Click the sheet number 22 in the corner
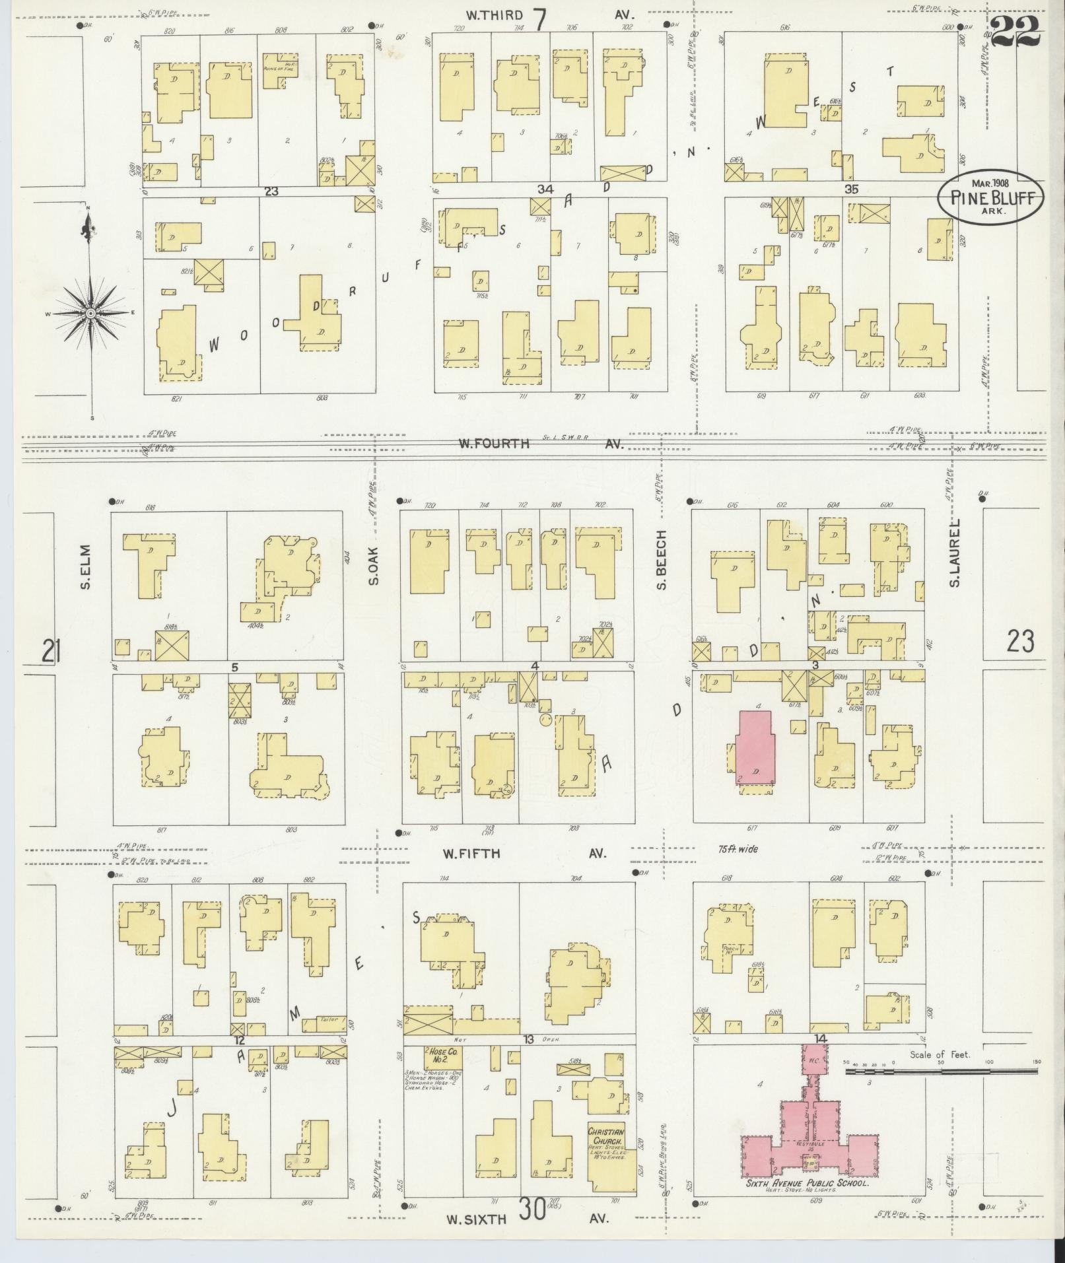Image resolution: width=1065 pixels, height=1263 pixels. tap(1015, 32)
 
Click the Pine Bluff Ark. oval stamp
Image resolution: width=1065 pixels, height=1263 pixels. tap(992, 197)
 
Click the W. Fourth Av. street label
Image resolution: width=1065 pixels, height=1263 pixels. tap(540, 444)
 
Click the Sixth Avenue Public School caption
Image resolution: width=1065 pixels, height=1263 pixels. tap(806, 1184)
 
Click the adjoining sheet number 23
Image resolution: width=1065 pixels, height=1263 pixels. tap(1020, 641)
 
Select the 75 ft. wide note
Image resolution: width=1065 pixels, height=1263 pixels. tap(738, 849)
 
